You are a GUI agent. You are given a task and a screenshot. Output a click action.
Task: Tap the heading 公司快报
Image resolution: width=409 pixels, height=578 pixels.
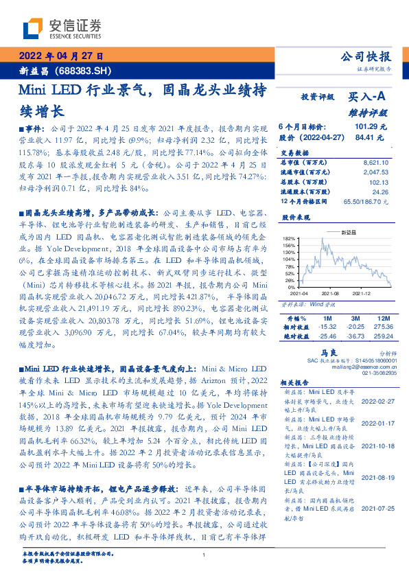pyautogui.click(x=366, y=57)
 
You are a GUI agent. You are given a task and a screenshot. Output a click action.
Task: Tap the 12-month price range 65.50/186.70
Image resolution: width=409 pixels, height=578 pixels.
pyautogui.click(x=367, y=200)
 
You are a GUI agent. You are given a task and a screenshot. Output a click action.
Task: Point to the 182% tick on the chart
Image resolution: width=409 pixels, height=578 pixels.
pyautogui.click(x=289, y=238)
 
